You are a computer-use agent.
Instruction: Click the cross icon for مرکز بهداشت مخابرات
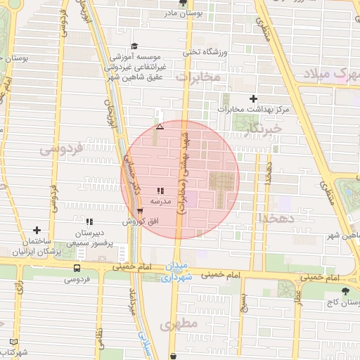point(254,99)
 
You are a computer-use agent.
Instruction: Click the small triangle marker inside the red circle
point(160,127)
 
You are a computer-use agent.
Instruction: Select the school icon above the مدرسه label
point(160,190)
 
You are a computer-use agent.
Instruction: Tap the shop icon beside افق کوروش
point(140,210)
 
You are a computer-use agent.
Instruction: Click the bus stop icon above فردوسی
point(77,268)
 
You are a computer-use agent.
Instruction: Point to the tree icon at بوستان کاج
point(345,291)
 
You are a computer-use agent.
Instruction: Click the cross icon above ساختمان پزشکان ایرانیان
point(37,230)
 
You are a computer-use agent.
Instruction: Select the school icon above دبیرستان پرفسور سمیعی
point(89,221)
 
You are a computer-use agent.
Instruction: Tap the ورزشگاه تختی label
point(202,51)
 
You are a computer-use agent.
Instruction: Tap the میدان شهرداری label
point(176,273)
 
